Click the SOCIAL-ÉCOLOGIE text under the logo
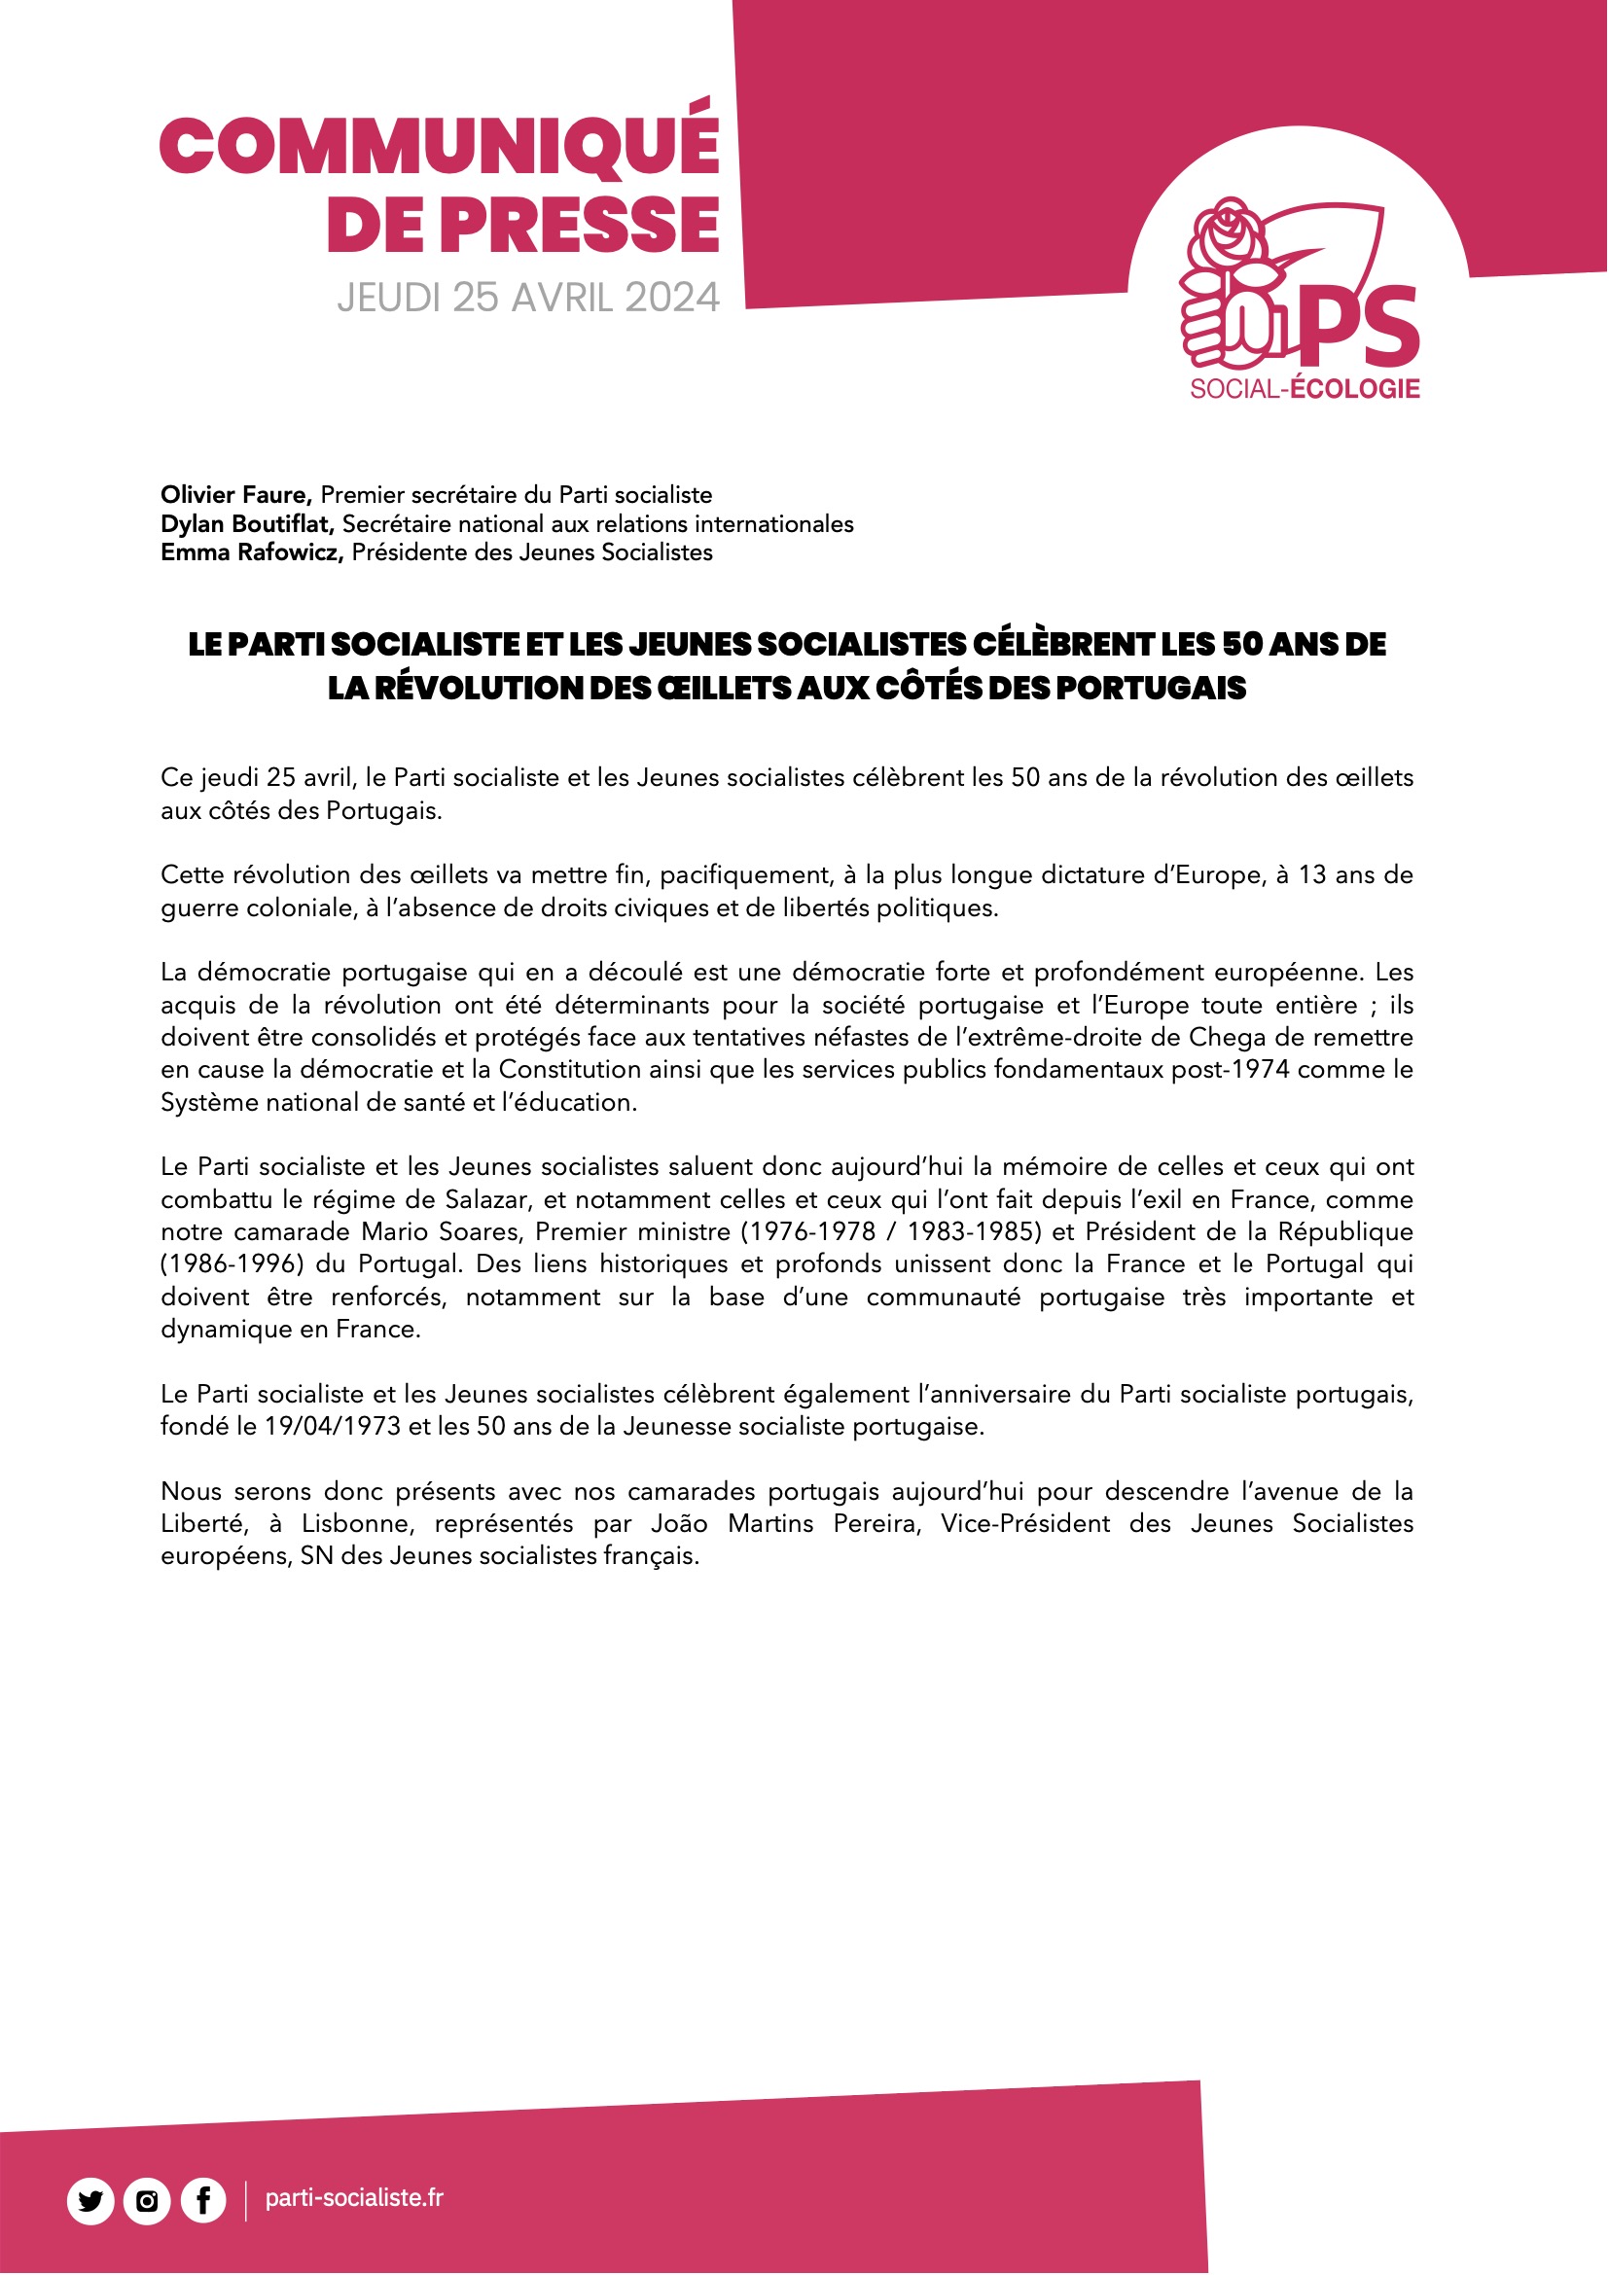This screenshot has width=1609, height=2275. [x=1304, y=389]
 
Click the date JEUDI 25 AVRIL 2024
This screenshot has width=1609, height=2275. [x=528, y=299]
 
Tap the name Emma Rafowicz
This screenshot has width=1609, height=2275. [x=252, y=551]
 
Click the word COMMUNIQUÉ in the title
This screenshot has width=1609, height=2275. [x=439, y=145]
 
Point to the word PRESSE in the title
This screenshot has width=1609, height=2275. [x=580, y=225]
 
